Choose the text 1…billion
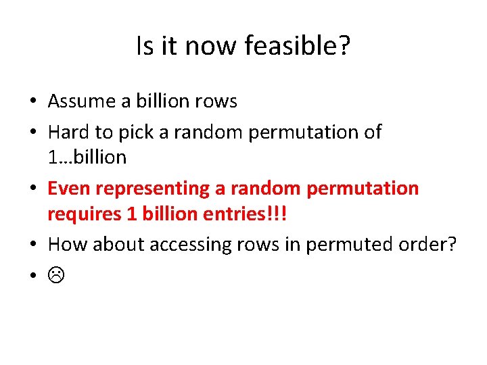tap(87, 157)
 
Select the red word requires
tap(81, 214)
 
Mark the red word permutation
tap(363, 189)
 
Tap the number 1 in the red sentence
tap(133, 214)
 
